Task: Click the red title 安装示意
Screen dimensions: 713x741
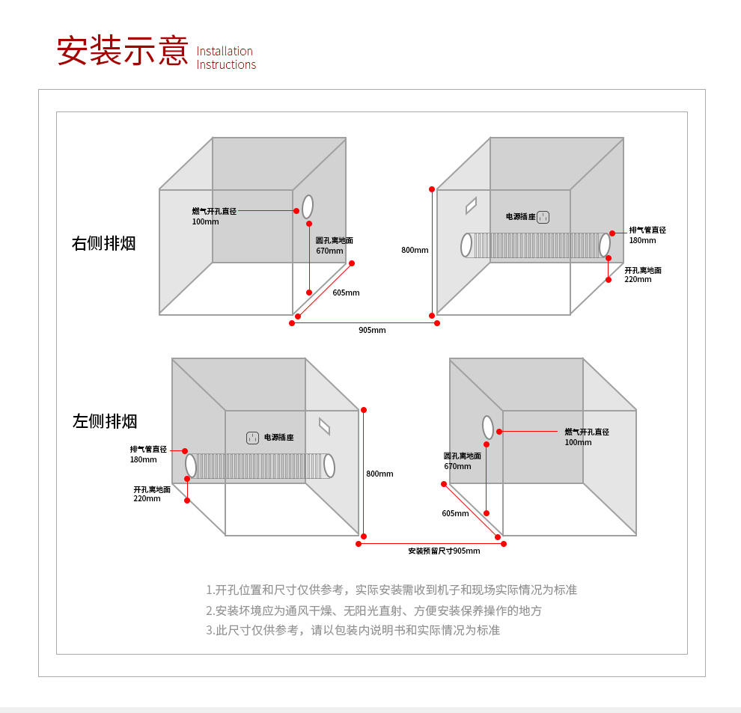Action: pyautogui.click(x=123, y=50)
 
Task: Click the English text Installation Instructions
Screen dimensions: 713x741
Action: pyautogui.click(x=226, y=58)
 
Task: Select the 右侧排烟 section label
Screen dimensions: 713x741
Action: pyautogui.click(x=104, y=243)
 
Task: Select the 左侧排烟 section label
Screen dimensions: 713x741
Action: pyautogui.click(x=105, y=421)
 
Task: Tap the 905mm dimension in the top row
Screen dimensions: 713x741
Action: pyautogui.click(x=372, y=330)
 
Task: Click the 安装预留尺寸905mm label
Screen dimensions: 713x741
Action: pyautogui.click(x=444, y=551)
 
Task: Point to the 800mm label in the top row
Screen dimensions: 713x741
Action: pyautogui.click(x=415, y=250)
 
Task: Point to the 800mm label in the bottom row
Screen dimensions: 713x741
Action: pyautogui.click(x=379, y=474)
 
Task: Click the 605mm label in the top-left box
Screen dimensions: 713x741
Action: pyautogui.click(x=346, y=293)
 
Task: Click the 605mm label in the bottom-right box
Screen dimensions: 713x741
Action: pyautogui.click(x=455, y=513)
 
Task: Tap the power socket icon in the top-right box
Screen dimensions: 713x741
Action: pyautogui.click(x=543, y=217)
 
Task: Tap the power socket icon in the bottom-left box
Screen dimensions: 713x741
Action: pyautogui.click(x=253, y=438)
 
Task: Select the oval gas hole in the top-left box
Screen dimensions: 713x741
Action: pyautogui.click(x=308, y=206)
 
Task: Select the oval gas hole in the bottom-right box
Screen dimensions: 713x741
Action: pyautogui.click(x=488, y=427)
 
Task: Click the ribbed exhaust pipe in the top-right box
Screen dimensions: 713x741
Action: pyautogui.click(x=536, y=245)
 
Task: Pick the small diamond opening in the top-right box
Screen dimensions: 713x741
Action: pyautogui.click(x=471, y=205)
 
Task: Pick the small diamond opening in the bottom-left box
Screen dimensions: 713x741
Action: pyautogui.click(x=324, y=426)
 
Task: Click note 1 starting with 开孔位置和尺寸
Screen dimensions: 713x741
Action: pyautogui.click(x=391, y=590)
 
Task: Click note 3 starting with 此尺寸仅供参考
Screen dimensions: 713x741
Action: pyautogui.click(x=353, y=630)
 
